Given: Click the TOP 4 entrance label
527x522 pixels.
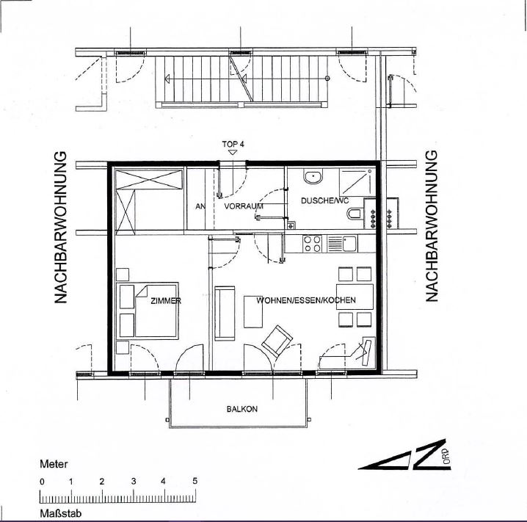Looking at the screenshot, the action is (x=233, y=144).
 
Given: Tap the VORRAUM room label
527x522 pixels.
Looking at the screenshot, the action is (x=244, y=206).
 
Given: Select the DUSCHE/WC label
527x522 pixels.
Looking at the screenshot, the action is (x=324, y=200).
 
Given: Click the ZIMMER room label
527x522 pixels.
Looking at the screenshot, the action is (x=166, y=301).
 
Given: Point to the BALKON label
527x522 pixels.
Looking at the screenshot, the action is (x=242, y=409).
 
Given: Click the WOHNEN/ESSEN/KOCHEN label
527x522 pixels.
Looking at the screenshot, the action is (x=306, y=300).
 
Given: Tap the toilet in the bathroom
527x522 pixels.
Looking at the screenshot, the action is (x=355, y=214).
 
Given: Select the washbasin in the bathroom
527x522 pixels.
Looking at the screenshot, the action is (x=313, y=176).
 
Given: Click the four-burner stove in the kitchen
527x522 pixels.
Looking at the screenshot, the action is (x=312, y=244).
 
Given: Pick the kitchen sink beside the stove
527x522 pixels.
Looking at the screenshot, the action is (x=342, y=244).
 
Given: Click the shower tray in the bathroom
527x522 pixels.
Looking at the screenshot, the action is (x=357, y=182).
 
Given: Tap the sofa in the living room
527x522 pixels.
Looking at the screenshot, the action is (x=225, y=313).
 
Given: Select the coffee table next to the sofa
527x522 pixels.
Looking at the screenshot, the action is (x=253, y=311).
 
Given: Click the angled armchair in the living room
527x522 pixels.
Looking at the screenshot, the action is (x=277, y=341).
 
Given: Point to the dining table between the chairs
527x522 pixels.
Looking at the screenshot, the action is (x=355, y=297).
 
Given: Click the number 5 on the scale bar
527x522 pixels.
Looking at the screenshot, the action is (x=195, y=481).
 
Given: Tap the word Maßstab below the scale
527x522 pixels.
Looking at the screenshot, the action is (x=60, y=514).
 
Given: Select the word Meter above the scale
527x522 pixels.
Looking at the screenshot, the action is (x=54, y=464).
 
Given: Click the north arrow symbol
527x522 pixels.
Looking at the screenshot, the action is (x=405, y=454).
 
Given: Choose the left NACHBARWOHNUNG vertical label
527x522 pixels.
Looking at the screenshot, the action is (x=61, y=228).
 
